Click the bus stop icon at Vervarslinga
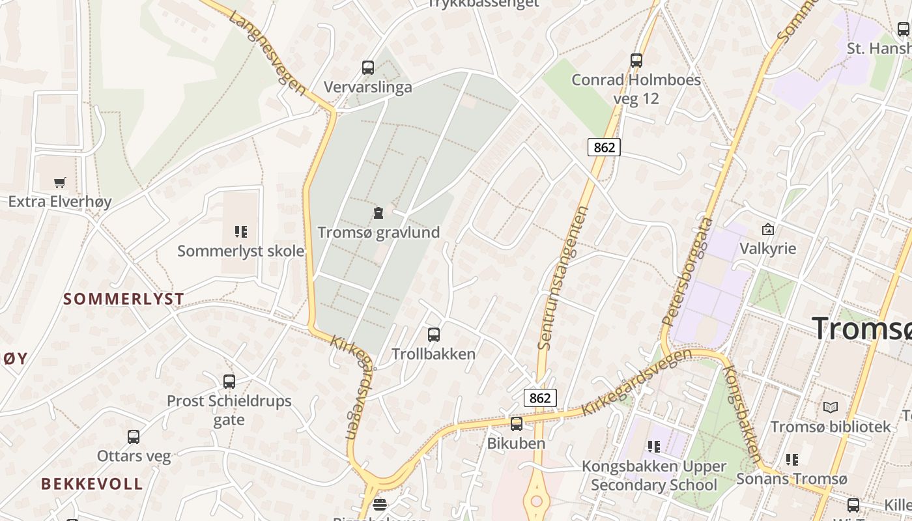click(x=368, y=67)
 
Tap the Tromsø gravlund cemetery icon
click(x=378, y=212)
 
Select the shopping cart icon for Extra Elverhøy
click(x=60, y=182)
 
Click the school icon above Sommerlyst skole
click(x=240, y=231)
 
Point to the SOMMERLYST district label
click(x=124, y=299)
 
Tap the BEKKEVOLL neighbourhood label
click(x=92, y=483)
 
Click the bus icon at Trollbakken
click(x=434, y=335)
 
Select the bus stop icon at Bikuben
click(x=517, y=424)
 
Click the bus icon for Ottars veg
click(x=134, y=437)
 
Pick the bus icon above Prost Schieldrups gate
click(x=229, y=382)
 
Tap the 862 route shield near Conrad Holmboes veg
click(x=604, y=147)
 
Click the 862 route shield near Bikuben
click(x=540, y=398)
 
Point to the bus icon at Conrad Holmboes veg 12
click(x=636, y=61)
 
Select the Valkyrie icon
click(x=768, y=229)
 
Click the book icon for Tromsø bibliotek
click(x=831, y=408)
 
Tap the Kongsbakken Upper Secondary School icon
click(x=654, y=447)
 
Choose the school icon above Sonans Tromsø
click(x=792, y=460)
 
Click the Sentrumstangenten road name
click(x=563, y=277)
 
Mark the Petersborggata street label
click(x=688, y=272)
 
